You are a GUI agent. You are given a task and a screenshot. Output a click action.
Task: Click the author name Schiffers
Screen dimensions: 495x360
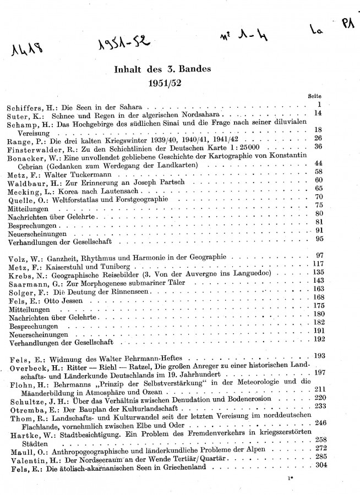point(26,106)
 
